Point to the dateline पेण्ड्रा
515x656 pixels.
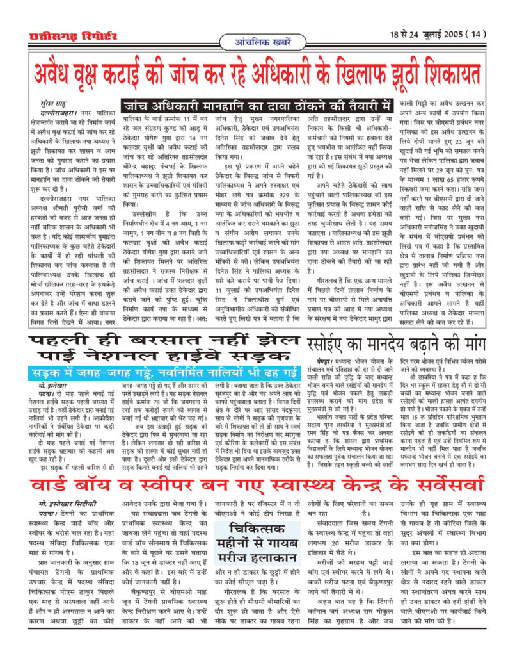(x=324, y=359)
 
